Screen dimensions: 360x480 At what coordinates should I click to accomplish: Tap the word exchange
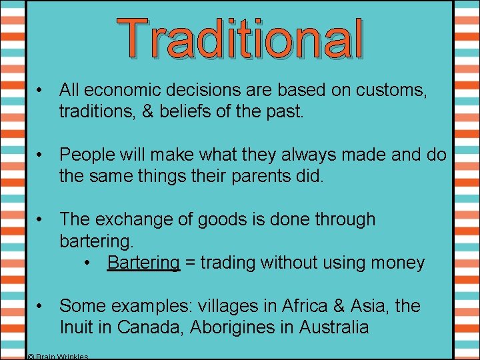[x=141, y=219]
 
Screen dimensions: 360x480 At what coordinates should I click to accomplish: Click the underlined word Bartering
[x=143, y=263]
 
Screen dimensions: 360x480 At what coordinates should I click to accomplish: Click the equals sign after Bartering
[x=190, y=263]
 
